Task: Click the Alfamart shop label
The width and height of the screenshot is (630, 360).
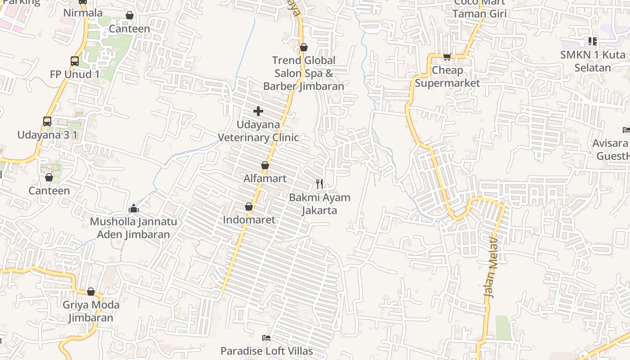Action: pyautogui.click(x=265, y=179)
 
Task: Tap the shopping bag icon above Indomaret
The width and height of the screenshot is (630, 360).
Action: pyautogui.click(x=248, y=207)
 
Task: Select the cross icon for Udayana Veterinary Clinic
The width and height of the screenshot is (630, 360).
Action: pyautogui.click(x=258, y=111)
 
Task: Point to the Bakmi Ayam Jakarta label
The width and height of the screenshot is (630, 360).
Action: pyautogui.click(x=319, y=204)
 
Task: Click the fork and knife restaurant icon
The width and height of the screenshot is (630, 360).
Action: pyautogui.click(x=319, y=184)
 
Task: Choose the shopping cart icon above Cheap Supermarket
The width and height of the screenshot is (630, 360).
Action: pyautogui.click(x=447, y=57)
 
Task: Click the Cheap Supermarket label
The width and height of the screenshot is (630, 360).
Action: pyautogui.click(x=447, y=76)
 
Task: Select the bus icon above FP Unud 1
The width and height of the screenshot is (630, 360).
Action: pyautogui.click(x=75, y=61)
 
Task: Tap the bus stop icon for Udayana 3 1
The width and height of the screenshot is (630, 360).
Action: pyautogui.click(x=47, y=121)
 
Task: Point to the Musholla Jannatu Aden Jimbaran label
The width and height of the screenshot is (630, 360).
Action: pyautogui.click(x=134, y=228)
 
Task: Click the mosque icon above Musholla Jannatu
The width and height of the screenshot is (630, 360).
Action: pyautogui.click(x=134, y=208)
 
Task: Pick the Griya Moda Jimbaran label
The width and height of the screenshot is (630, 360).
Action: pyautogui.click(x=91, y=311)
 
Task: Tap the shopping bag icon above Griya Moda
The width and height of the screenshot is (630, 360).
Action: pyautogui.click(x=91, y=292)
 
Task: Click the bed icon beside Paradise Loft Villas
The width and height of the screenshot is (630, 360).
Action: pyautogui.click(x=266, y=337)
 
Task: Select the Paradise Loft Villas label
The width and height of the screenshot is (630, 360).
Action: pyautogui.click(x=266, y=351)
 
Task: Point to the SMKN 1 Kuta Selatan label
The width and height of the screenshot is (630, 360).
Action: pyautogui.click(x=593, y=61)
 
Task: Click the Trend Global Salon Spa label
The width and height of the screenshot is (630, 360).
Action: pyautogui.click(x=304, y=73)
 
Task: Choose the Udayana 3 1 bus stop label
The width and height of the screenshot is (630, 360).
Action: pyautogui.click(x=47, y=135)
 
